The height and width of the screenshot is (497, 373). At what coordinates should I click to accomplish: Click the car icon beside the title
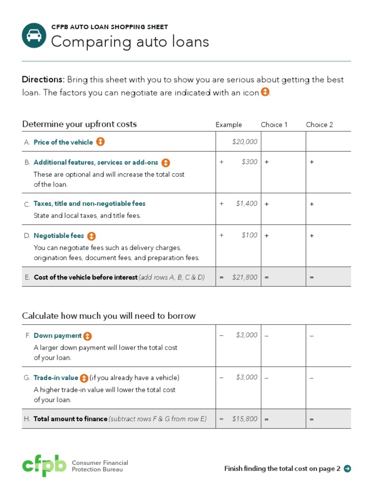(x=34, y=36)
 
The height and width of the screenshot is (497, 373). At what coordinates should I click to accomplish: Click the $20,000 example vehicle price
(x=245, y=142)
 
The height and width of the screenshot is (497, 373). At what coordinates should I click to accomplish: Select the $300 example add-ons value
(x=249, y=162)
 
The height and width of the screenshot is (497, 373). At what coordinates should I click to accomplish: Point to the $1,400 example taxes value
(x=247, y=204)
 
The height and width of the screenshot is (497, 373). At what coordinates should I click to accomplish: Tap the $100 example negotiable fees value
(x=249, y=235)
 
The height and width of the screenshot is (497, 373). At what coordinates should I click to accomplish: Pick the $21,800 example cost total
(x=245, y=277)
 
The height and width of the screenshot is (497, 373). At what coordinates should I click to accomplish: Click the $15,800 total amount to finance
(x=245, y=419)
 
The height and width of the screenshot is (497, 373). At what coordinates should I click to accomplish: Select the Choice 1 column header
(x=274, y=125)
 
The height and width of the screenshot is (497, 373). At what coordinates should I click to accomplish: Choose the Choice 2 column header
(x=319, y=125)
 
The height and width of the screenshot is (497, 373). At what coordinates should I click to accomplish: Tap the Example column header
(x=228, y=125)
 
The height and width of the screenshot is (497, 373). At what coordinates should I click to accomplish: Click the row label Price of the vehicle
(x=63, y=142)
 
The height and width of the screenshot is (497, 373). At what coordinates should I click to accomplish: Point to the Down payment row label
(x=57, y=335)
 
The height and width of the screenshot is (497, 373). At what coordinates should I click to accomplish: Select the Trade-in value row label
(x=56, y=378)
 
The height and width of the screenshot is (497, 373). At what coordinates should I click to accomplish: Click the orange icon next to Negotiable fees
(x=92, y=236)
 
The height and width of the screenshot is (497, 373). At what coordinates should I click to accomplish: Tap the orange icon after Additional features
(x=166, y=163)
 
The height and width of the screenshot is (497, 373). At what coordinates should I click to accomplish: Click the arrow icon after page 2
(x=347, y=468)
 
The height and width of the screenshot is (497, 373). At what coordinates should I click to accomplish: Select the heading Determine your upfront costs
(x=80, y=124)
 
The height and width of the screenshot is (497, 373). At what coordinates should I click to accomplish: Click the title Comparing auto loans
(x=130, y=42)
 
